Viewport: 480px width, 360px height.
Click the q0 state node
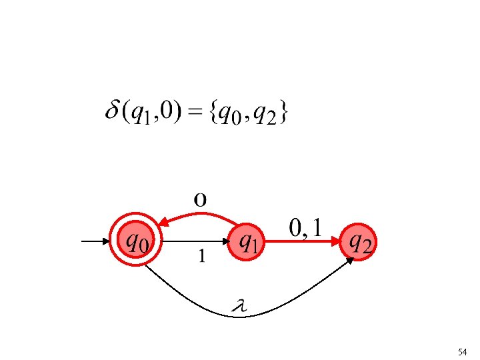[x=136, y=240]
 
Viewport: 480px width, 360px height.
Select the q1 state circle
[x=247, y=240]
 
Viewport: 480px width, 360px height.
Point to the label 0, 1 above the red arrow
[x=306, y=228]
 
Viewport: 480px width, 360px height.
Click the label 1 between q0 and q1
[x=201, y=255]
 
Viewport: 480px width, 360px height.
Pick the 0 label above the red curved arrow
[x=200, y=199]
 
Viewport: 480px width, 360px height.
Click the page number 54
[x=462, y=351]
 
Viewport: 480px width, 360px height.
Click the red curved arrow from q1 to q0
[x=200, y=215]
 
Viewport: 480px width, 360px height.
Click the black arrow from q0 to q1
[x=193, y=241]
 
